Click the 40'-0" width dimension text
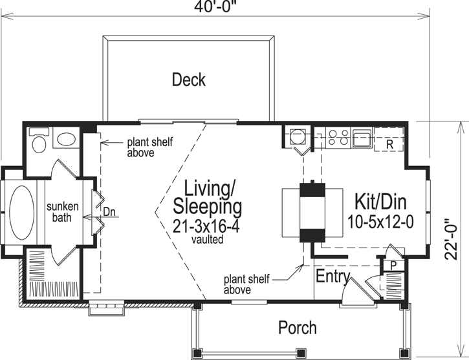tap(214, 7)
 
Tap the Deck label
tap(189, 80)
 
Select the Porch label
tap(298, 328)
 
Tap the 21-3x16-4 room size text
tap(207, 226)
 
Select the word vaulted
tap(207, 240)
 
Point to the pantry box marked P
tap(392, 264)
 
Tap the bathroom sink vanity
tap(65, 139)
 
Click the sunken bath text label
tap(62, 212)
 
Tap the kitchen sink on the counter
tap(360, 137)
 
